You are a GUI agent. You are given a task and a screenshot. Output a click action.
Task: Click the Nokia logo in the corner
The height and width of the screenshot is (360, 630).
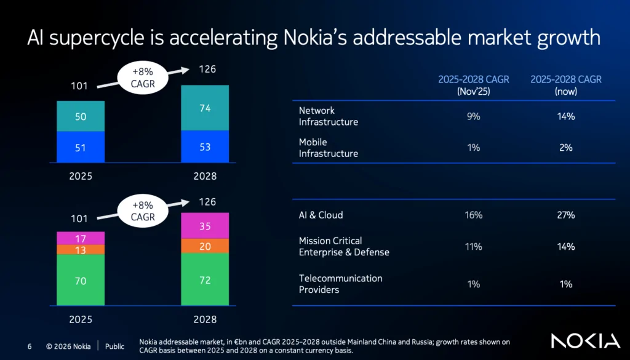585,341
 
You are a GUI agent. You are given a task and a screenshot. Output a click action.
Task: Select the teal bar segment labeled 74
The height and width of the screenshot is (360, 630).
205,108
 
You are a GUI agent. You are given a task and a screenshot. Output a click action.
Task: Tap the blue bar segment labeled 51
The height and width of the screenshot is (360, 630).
81,148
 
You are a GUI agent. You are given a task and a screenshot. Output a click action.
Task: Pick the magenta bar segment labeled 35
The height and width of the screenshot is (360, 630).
205,226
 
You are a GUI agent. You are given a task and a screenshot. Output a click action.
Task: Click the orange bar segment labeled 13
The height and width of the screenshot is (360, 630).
81,250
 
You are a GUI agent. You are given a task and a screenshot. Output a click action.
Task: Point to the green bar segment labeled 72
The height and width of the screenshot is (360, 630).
205,281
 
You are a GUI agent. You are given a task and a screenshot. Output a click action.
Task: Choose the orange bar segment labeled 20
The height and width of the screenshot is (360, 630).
205,246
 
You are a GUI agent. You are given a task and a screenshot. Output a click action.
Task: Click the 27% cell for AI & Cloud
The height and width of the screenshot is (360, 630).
565,215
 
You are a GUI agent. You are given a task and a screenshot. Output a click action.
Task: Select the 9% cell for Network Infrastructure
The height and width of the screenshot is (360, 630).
473,116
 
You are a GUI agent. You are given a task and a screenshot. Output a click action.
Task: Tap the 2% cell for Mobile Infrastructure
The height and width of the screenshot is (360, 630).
565,148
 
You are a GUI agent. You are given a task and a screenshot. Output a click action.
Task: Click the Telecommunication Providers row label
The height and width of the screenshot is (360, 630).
340,284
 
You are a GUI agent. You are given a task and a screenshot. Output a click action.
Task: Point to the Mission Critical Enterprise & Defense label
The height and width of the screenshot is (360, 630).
344,246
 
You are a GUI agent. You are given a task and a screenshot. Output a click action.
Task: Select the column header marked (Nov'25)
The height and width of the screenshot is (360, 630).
473,85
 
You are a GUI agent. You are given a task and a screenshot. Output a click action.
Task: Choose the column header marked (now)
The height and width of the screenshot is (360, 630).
565,85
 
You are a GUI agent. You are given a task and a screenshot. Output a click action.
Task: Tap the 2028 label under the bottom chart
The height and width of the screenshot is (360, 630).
205,320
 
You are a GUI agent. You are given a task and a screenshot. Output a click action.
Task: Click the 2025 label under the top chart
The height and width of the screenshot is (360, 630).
81,176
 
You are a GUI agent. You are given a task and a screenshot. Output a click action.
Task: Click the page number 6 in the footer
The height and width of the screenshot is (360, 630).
30,346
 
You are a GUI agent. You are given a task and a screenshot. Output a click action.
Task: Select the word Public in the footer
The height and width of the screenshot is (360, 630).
114,346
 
